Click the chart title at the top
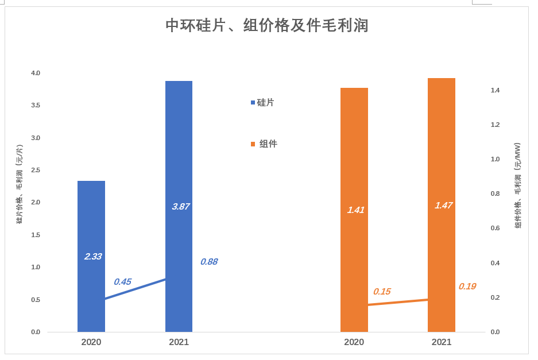click(266, 26)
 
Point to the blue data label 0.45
click(122, 282)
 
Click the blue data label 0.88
click(209, 262)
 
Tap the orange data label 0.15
click(382, 292)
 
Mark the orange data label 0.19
click(467, 287)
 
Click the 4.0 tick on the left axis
click(36, 73)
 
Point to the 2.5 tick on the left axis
click(36, 170)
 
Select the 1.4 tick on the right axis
click(495, 90)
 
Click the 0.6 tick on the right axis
click(495, 228)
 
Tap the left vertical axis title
click(20, 184)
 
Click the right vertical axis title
click(518, 185)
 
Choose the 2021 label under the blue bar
click(179, 342)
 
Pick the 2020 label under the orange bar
click(354, 342)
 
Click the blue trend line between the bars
click(136, 289)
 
